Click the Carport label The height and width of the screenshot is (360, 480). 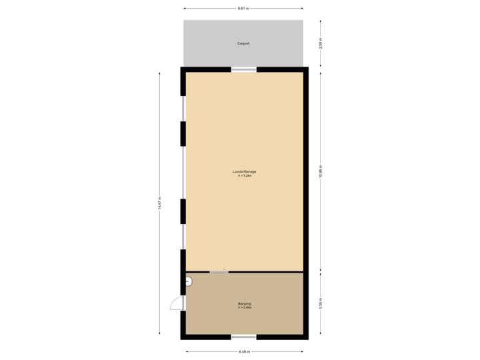pyautogui.click(x=243, y=43)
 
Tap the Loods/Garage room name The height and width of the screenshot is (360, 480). pyautogui.click(x=244, y=171)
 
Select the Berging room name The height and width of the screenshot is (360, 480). pyautogui.click(x=244, y=303)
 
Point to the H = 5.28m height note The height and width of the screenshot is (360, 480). pyautogui.click(x=244, y=175)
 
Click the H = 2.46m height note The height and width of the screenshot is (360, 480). pyautogui.click(x=244, y=307)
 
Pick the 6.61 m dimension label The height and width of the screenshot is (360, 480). pyautogui.click(x=243, y=9)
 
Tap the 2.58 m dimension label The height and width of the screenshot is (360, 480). pyautogui.click(x=321, y=44)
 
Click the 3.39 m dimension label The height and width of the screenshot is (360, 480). pyautogui.click(x=321, y=304)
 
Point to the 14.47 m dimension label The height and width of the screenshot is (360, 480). pyautogui.click(x=159, y=203)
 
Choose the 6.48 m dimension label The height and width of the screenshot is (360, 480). pyautogui.click(x=244, y=352)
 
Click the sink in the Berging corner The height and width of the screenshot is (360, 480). pyautogui.click(x=189, y=281)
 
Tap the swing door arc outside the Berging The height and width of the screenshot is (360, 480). pyautogui.click(x=175, y=304)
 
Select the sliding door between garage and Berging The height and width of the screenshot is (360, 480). pyautogui.click(x=219, y=271)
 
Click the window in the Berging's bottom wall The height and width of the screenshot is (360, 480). pyautogui.click(x=244, y=337)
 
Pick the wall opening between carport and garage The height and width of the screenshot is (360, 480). pyautogui.click(x=244, y=69)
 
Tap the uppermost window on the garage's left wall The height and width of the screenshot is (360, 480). pyautogui.click(x=183, y=109)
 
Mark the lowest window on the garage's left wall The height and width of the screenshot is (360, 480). pyautogui.click(x=183, y=236)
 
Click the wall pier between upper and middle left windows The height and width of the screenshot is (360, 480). pyautogui.click(x=183, y=133)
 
